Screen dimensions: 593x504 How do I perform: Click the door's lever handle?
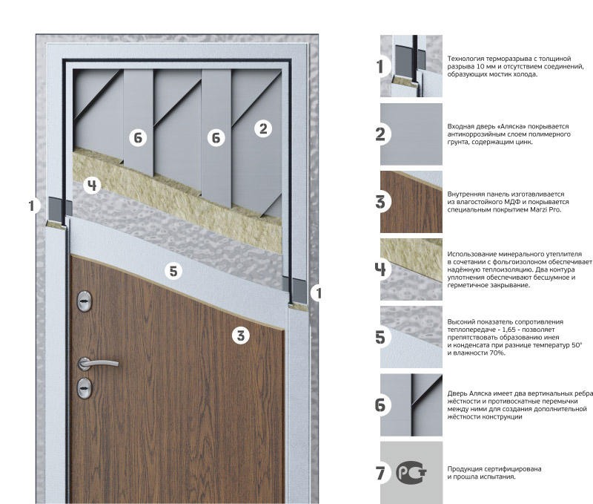coord(98,364)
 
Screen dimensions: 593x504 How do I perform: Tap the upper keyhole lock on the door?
coord(85,301)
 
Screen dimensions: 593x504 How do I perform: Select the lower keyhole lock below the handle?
coord(85,388)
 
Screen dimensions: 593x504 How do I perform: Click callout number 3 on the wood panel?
coord(241,336)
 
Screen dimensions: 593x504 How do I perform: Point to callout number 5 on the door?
coord(173,271)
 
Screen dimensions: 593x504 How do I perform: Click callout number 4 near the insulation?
coord(92,185)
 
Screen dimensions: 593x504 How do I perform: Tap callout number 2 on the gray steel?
coord(263,128)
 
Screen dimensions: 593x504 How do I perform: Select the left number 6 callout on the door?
coord(138,138)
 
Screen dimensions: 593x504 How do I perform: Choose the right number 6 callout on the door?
coord(216,138)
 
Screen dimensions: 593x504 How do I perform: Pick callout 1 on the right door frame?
coord(319,292)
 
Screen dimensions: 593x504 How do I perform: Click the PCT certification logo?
coord(411,473)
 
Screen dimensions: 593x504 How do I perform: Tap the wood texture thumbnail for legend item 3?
coord(411,202)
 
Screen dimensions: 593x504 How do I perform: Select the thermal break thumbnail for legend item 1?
coord(411,66)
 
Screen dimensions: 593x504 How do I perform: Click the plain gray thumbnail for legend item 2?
coord(411,134)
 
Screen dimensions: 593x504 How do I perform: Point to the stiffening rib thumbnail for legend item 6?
coord(411,405)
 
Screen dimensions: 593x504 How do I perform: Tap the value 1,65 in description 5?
coord(509,330)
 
